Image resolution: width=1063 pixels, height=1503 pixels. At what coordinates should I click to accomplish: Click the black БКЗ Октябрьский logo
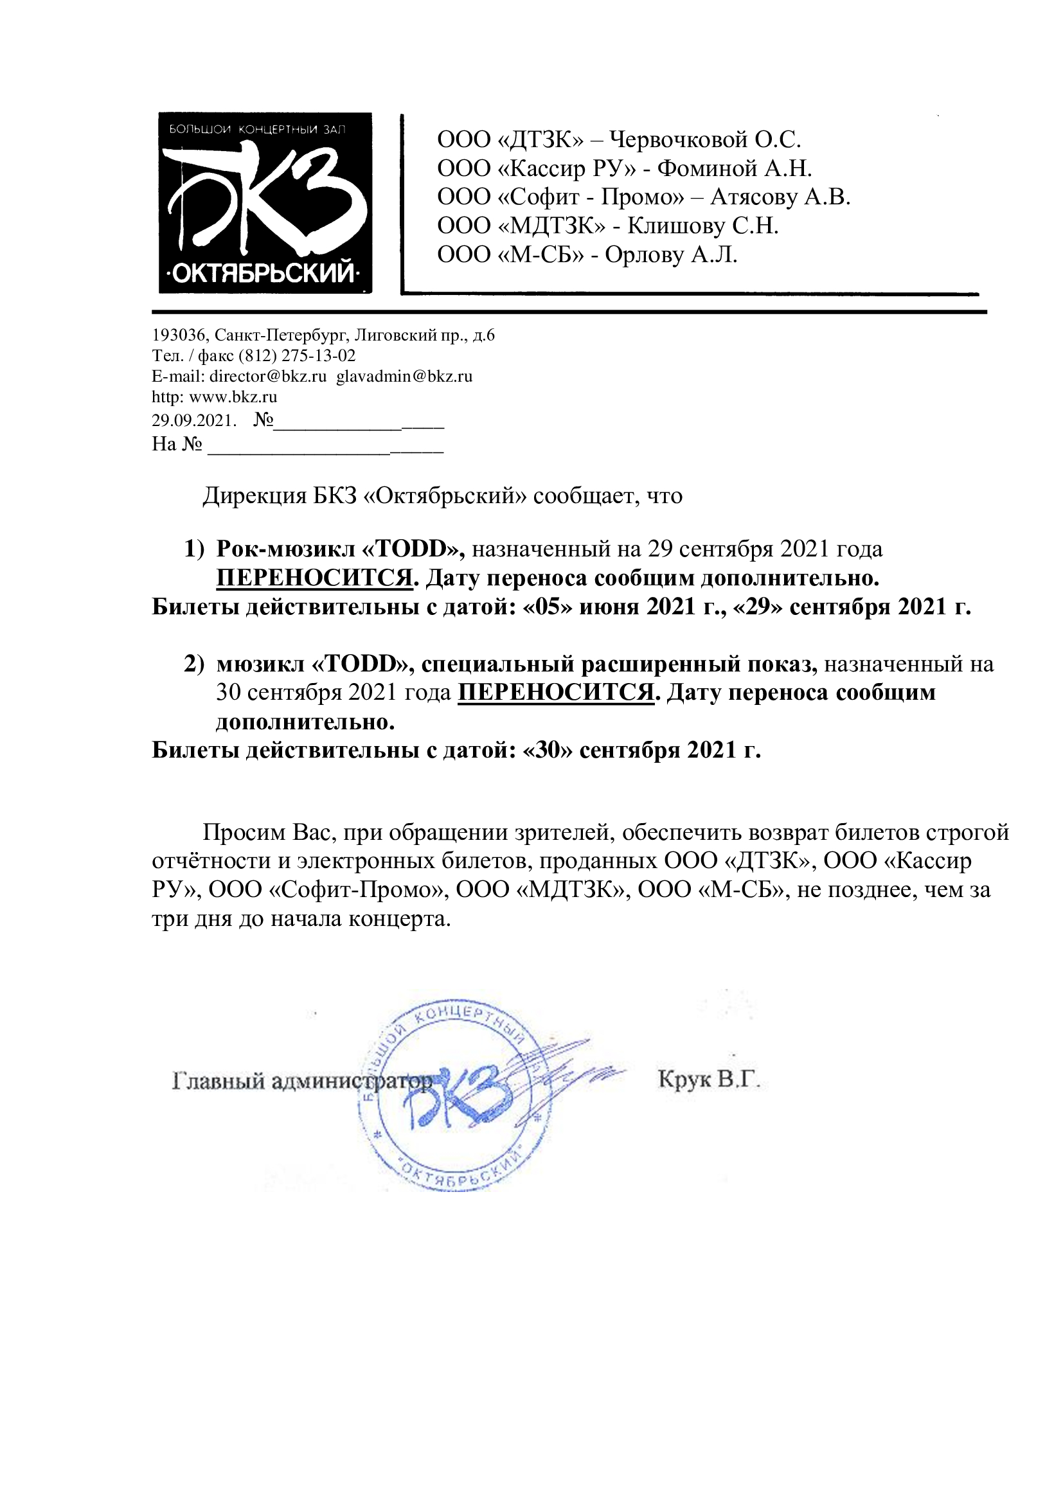click(265, 203)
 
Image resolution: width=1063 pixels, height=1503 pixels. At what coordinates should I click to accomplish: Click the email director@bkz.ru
click(268, 377)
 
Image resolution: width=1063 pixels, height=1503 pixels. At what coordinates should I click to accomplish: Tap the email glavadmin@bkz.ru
click(404, 377)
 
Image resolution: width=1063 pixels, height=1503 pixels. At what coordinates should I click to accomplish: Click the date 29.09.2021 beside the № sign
click(193, 420)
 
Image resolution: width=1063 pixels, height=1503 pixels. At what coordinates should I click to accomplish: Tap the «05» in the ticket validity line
click(548, 607)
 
